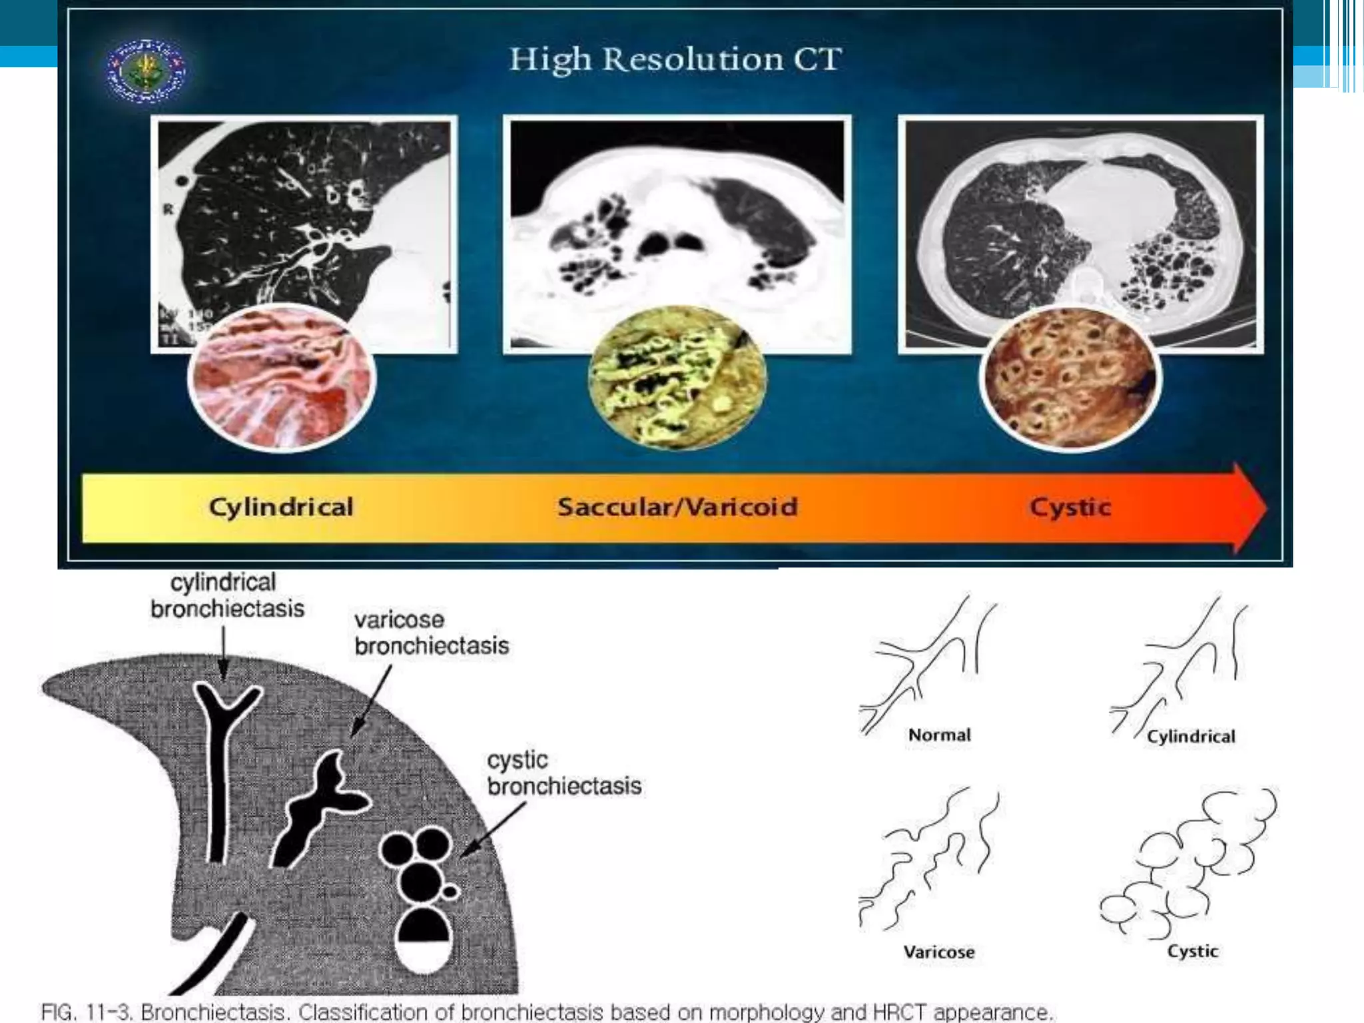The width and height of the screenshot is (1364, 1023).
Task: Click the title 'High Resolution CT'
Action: [x=675, y=59]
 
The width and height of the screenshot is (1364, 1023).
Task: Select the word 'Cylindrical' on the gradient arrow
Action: [x=281, y=508]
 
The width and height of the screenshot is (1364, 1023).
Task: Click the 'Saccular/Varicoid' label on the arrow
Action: [x=677, y=508]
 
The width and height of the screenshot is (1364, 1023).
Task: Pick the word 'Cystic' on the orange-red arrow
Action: [x=1070, y=508]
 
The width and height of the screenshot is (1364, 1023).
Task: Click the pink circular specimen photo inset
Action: [x=282, y=378]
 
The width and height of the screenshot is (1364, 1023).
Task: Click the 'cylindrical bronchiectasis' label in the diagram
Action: [x=226, y=595]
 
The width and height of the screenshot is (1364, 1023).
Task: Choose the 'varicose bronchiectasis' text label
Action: [x=432, y=633]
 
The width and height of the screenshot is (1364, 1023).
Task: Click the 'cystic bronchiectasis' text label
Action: [x=564, y=773]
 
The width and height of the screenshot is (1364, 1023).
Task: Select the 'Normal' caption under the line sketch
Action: [x=939, y=735]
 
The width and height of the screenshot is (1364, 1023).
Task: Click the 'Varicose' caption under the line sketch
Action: [x=939, y=952]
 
